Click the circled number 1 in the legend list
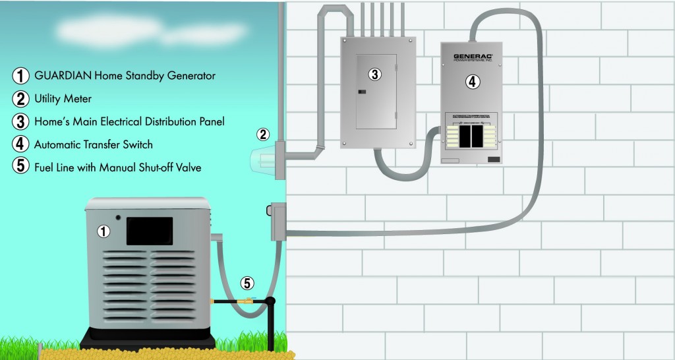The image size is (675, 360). coord(20,76)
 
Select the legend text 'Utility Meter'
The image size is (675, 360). coord(63,98)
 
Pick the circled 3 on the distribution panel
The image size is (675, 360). coord(374,75)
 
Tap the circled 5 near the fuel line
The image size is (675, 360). coord(247,284)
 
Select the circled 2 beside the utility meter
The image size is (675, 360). coord(263,135)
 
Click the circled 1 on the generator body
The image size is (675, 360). coord(103,231)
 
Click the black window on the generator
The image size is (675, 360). coord(150,231)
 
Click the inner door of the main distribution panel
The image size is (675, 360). coord(376,91)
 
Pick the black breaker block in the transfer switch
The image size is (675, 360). coord(471,137)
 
